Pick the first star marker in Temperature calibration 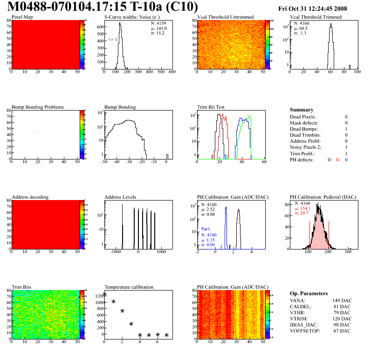click(x=104, y=294)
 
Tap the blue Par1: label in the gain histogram click(x=207, y=229)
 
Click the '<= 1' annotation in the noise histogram click(x=112, y=40)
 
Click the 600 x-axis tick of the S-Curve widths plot click(x=172, y=72)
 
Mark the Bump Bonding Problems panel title click(x=37, y=107)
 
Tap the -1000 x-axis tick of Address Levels click(x=115, y=252)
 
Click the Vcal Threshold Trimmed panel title click(x=316, y=17)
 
